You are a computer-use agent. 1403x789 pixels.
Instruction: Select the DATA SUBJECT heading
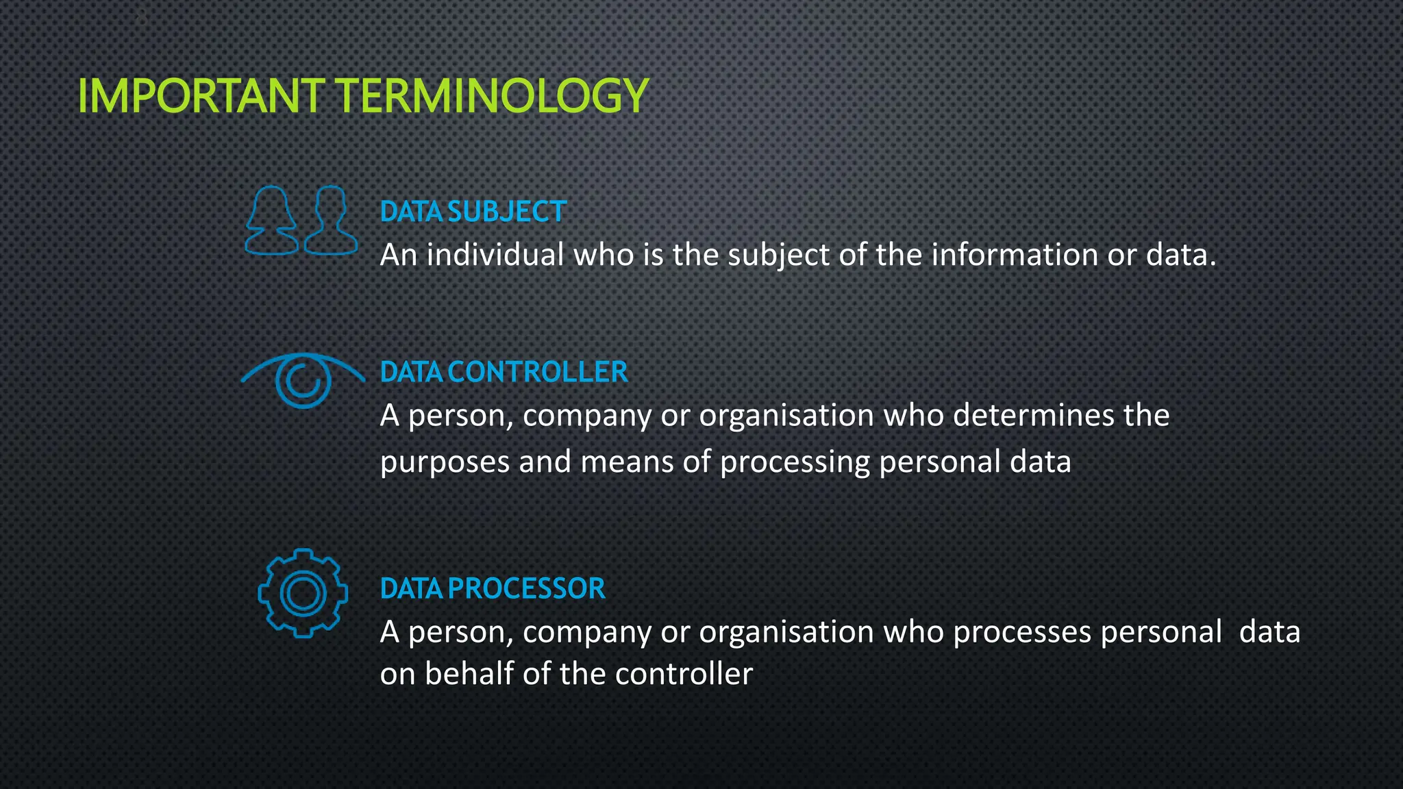coord(473,212)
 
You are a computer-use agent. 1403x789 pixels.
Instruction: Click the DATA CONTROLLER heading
coord(504,372)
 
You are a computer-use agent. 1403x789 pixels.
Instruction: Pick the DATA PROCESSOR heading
coord(493,588)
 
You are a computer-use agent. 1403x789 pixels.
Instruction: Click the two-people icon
coord(301,221)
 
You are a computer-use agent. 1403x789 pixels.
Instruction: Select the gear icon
coord(303,593)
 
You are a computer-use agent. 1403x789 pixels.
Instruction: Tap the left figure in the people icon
coord(272,221)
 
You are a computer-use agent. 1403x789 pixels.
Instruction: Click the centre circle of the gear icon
coord(303,593)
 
